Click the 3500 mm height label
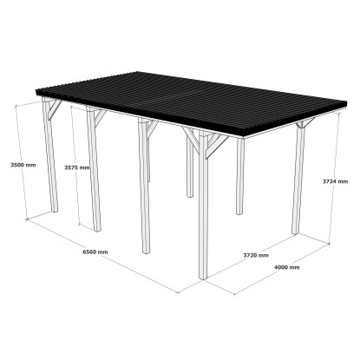pos(23,165)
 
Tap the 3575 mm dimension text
pos(77,167)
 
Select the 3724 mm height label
pos(336,181)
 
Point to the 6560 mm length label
pos(95,252)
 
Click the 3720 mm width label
pos(256,255)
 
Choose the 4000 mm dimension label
pos(286,267)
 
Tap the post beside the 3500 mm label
pos(50,154)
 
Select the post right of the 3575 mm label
pos(94,169)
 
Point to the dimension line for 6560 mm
pos(102,256)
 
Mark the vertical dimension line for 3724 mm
pos(334,179)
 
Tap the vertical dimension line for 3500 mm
pos(21,162)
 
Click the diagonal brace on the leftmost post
pos(55,109)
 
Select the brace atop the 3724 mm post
pos(304,122)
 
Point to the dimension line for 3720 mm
pos(251,256)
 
